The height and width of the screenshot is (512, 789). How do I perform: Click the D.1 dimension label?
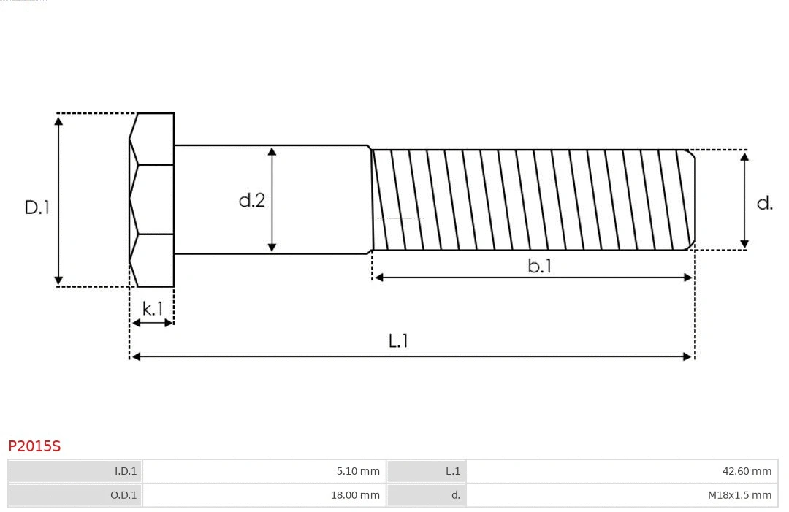coord(37,207)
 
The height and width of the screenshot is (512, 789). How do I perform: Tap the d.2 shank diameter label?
coord(251,200)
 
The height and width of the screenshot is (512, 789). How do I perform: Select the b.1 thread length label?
coord(539,266)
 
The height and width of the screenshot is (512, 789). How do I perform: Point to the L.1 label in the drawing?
coord(397,340)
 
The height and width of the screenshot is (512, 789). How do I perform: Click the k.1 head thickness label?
coord(153,309)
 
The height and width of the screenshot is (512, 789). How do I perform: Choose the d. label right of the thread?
coord(764,203)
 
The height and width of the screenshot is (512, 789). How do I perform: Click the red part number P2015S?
coord(34,446)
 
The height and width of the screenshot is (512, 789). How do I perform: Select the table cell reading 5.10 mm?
coord(264,471)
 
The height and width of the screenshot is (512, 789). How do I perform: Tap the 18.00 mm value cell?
coord(264,495)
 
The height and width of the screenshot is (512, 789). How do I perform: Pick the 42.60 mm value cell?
coord(622,471)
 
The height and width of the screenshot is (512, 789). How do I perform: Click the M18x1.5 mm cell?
coord(622,495)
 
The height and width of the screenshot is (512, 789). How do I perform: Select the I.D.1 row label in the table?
coord(75,471)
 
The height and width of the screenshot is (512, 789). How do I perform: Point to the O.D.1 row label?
coord(75,495)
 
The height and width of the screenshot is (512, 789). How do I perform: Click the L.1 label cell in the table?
coord(426,471)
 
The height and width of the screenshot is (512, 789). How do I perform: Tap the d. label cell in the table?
coord(426,495)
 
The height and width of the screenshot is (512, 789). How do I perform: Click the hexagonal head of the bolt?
coord(152,199)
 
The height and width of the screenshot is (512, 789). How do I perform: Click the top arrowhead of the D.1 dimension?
coord(58,120)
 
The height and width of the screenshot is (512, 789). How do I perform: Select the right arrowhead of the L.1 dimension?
coord(687,356)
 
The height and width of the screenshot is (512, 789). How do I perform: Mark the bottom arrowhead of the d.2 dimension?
coord(272,247)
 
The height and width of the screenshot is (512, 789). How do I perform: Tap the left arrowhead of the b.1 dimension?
coord(378,278)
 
